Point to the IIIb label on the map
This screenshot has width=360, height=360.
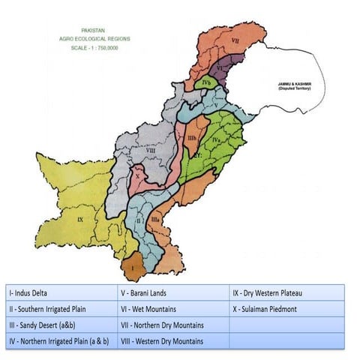(x=192, y=138)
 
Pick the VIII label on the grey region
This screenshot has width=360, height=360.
(x=150, y=151)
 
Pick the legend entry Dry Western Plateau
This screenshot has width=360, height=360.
(x=267, y=292)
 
